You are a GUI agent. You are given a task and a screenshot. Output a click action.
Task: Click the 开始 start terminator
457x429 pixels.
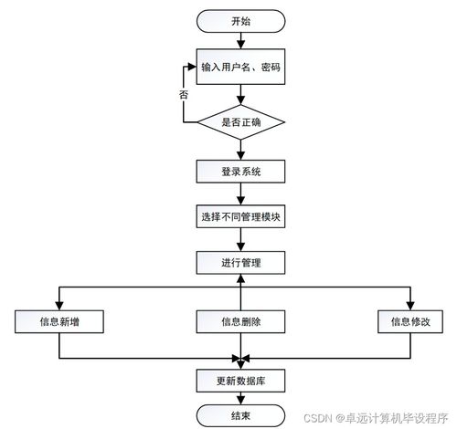240,21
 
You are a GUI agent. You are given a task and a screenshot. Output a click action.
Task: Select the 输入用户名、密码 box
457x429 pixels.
240,67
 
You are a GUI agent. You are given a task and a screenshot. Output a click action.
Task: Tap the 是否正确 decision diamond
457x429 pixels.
240,122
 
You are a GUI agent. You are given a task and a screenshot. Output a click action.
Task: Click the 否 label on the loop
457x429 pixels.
184,95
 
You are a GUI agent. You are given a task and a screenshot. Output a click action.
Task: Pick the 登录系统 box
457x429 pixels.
240,172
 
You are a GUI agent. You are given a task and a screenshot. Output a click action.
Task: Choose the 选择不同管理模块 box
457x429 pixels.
240,216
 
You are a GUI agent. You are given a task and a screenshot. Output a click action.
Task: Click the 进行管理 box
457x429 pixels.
240,263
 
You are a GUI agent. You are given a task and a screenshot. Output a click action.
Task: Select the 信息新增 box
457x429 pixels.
59,321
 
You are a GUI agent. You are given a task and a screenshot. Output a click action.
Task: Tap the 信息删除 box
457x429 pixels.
240,321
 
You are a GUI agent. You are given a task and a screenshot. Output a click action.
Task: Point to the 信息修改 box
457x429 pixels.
410,321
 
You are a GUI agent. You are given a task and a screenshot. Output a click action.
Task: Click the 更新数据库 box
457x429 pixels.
240,381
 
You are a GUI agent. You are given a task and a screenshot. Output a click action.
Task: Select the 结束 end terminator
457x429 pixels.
240,416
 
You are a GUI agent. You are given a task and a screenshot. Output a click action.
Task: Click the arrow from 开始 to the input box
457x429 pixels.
240,41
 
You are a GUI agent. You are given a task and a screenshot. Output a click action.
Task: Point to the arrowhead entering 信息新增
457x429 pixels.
59,306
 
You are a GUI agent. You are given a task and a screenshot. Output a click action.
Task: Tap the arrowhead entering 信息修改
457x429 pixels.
410,306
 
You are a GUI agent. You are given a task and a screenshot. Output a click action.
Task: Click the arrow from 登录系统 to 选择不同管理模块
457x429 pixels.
240,194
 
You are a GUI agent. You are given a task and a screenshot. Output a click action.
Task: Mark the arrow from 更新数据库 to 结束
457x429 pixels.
240,399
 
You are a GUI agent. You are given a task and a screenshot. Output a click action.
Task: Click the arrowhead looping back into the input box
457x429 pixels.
192,67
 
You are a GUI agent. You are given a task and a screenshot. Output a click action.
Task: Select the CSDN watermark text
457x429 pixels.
376,418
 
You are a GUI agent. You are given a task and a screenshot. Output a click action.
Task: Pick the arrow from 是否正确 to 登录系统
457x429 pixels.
240,150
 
